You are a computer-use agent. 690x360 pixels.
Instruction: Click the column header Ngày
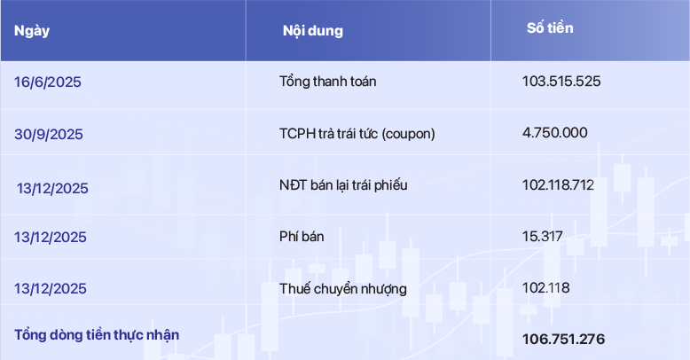[x=32, y=31]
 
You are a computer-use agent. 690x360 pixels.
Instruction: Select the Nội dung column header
[x=313, y=31]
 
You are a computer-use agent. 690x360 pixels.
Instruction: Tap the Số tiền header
[x=550, y=28]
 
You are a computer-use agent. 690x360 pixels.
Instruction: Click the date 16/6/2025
[x=48, y=82]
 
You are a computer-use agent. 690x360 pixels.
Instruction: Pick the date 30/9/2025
[x=49, y=134]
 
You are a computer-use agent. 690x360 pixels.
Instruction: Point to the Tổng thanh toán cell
[x=328, y=82]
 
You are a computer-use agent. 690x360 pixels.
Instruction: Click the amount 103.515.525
[x=561, y=82]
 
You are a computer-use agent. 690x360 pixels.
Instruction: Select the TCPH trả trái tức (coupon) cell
[x=357, y=133]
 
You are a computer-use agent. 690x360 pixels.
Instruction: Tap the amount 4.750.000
[x=555, y=133]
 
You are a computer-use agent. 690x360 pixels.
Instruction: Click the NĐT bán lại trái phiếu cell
[x=343, y=185]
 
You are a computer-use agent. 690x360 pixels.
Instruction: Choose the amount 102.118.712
[x=558, y=184]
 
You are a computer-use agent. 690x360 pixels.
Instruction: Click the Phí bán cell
[x=302, y=237]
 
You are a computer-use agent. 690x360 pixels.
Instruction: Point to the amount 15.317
[x=543, y=237]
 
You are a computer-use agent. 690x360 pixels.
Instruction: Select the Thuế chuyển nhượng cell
[x=343, y=289]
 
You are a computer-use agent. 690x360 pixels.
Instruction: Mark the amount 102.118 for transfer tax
[x=546, y=288]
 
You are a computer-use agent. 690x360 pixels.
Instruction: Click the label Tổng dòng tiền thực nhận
[x=97, y=335]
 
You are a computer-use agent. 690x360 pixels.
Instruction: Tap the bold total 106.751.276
[x=564, y=340]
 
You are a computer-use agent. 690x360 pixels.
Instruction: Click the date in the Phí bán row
[x=51, y=238]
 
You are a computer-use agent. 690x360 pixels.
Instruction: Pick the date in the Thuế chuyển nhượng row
[x=51, y=289]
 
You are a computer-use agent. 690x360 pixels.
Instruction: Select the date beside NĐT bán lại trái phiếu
[x=52, y=189]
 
